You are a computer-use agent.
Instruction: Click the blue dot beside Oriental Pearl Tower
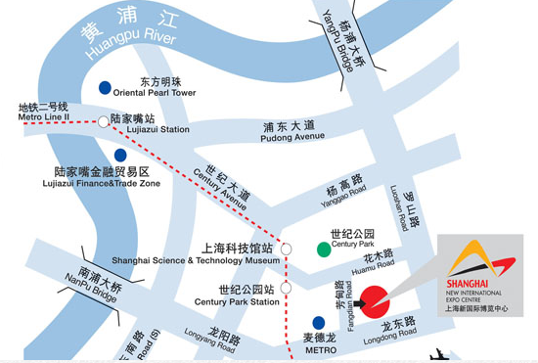[x=105, y=87]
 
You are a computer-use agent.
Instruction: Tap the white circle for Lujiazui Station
[x=104, y=121]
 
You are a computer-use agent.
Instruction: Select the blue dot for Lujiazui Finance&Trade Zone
[x=120, y=155]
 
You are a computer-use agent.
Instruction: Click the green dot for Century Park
[x=323, y=249]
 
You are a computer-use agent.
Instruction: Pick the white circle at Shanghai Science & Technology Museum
[x=286, y=250]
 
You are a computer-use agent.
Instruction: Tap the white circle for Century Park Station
[x=286, y=289]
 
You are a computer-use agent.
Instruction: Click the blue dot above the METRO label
[x=318, y=322]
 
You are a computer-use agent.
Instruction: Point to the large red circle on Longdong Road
[x=375, y=300]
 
